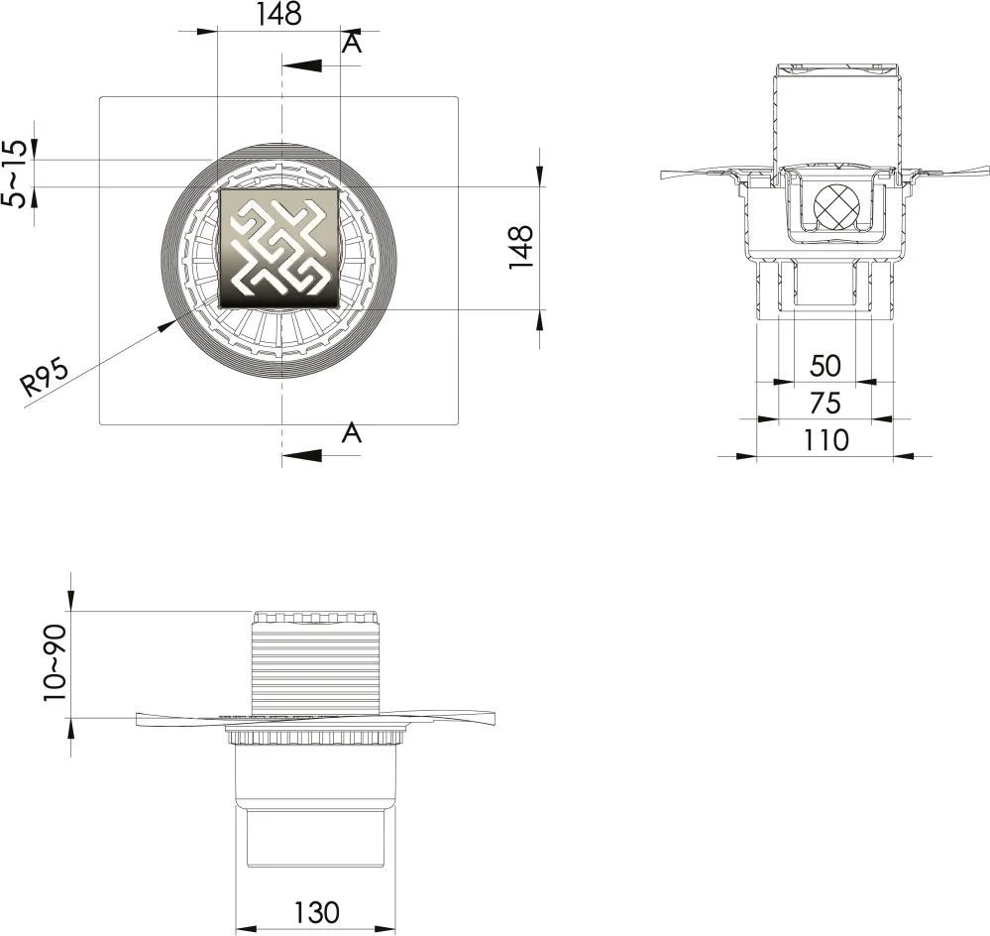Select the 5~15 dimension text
point(15,174)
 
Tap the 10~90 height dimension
point(55,662)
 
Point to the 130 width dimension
point(316,912)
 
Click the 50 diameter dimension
point(825,366)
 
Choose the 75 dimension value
point(825,403)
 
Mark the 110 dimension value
point(825,440)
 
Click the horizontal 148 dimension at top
point(277,15)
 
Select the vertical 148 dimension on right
point(521,247)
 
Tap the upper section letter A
point(352,43)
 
